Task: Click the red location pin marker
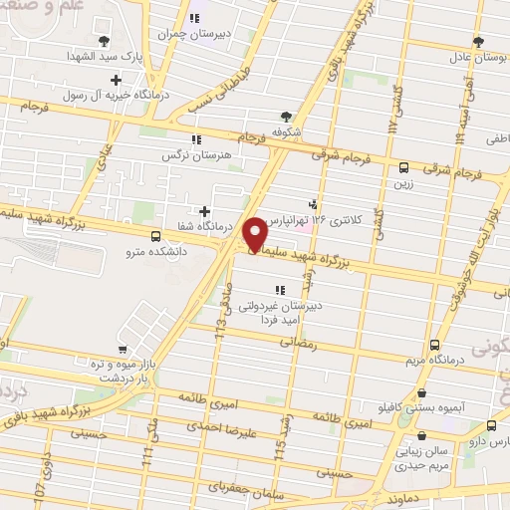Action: point(257,233)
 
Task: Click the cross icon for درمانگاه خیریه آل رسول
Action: point(117,80)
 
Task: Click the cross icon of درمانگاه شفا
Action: point(205,211)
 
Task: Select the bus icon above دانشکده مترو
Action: point(154,236)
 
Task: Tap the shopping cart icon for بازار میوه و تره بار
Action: point(122,350)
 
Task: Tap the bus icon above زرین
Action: point(403,168)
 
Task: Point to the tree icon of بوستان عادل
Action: point(478,42)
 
